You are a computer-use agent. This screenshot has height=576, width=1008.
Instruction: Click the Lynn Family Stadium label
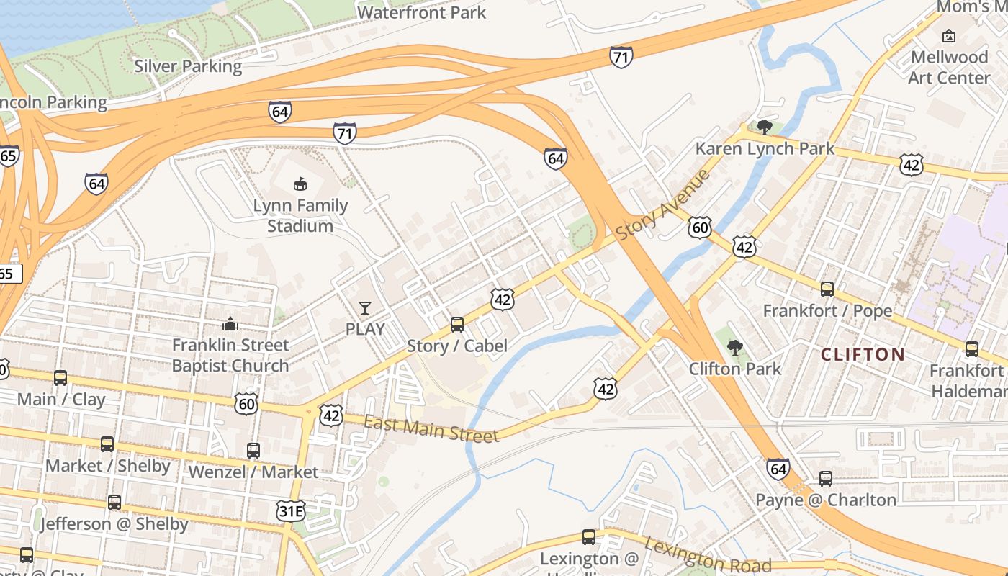[x=300, y=215]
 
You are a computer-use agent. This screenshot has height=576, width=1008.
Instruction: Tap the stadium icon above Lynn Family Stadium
[x=300, y=184]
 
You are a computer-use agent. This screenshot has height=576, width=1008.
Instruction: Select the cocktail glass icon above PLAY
[x=365, y=308]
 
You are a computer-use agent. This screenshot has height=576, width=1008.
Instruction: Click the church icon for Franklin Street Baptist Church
[x=230, y=324]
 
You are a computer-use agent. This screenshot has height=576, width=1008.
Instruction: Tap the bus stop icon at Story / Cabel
[x=457, y=325]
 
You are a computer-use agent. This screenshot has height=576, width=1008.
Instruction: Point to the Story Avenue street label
[x=663, y=205]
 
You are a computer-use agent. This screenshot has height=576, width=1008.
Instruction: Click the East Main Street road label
[x=431, y=430]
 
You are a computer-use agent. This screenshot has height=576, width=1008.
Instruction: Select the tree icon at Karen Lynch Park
[x=765, y=127]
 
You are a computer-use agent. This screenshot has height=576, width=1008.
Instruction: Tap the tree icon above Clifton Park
[x=735, y=348]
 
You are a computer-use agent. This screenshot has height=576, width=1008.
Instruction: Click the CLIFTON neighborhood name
[x=863, y=354]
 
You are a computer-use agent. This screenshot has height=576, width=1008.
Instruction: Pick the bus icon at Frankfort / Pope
[x=827, y=289]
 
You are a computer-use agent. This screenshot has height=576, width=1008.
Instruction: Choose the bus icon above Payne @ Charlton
[x=826, y=479]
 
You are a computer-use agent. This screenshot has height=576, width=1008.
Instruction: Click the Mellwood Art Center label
[x=949, y=67]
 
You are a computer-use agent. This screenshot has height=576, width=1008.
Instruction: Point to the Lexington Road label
[x=707, y=555]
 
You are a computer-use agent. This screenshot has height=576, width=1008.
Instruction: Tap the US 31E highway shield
[x=290, y=512]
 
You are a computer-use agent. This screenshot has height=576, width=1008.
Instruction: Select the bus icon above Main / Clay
[x=60, y=378]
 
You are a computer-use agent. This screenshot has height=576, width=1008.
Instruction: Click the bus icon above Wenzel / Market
[x=253, y=451]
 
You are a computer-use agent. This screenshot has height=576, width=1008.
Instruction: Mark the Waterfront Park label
[x=421, y=12]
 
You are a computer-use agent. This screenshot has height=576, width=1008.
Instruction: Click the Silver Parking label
[x=188, y=66]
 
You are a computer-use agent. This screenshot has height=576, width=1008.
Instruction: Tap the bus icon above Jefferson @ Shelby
[x=114, y=503]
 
